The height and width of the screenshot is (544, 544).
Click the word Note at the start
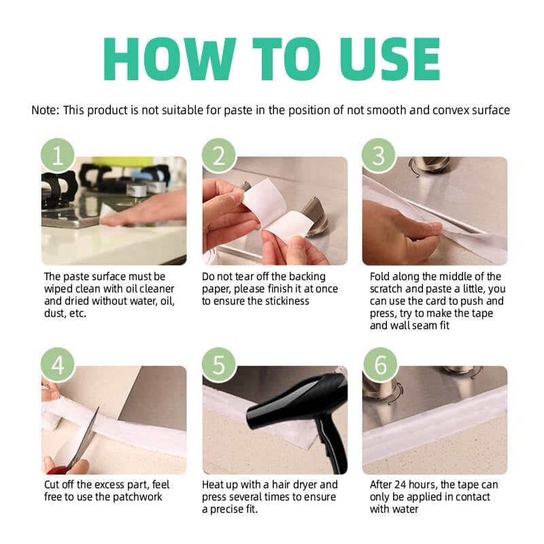coord(45,110)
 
